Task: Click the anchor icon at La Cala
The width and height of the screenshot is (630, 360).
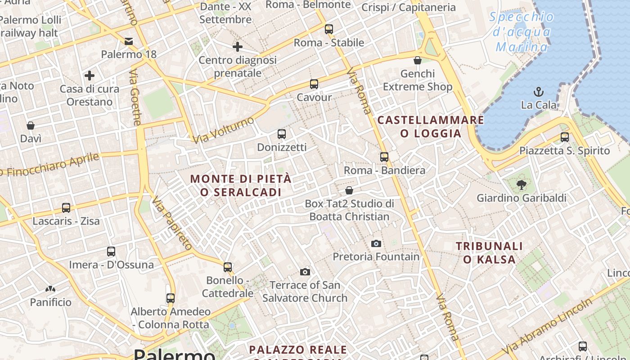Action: click(539, 92)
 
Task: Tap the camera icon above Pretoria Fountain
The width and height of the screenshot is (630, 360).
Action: click(376, 244)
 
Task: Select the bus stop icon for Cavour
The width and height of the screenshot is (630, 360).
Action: click(314, 84)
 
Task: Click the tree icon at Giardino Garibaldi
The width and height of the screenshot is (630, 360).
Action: click(521, 184)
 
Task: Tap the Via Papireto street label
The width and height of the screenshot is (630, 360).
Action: click(172, 223)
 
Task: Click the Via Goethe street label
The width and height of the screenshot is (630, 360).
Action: click(135, 97)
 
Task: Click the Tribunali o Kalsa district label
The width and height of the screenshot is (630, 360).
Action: click(489, 252)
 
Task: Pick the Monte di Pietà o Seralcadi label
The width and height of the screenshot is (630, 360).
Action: click(241, 185)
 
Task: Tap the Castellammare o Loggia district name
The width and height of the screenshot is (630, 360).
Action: click(431, 126)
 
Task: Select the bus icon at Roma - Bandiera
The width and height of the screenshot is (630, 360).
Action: click(384, 157)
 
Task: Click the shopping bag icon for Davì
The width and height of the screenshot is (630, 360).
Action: click(31, 125)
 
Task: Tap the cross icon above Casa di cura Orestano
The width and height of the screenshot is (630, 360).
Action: click(90, 75)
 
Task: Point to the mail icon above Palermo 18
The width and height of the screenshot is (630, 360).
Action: click(129, 42)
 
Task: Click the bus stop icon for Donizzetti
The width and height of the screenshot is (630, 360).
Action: click(282, 134)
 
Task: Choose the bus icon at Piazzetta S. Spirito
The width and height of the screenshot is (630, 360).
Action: click(565, 137)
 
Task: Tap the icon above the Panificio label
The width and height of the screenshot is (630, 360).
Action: click(50, 288)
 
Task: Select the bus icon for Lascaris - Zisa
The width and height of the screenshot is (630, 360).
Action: click(66, 208)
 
